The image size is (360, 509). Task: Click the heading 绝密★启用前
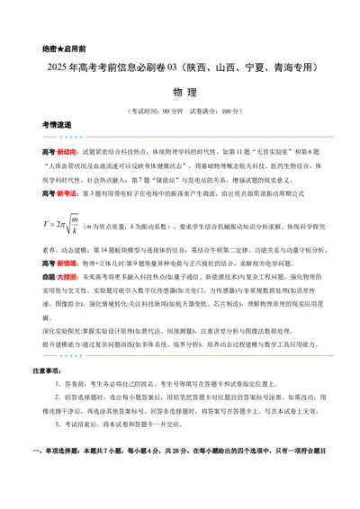[x=63, y=48]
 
